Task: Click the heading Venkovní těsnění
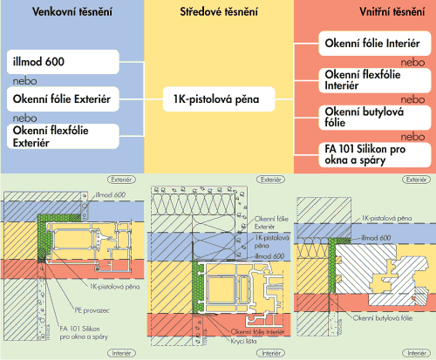point(72,12)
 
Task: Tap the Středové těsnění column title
point(219,12)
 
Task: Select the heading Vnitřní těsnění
point(392,12)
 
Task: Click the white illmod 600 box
point(63,62)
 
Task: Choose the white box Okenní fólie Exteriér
point(63,99)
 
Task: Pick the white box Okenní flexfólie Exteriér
point(63,136)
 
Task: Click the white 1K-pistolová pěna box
point(219,99)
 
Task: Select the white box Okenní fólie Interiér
point(375,44)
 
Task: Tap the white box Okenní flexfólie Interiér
point(375,80)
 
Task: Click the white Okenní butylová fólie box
point(375,118)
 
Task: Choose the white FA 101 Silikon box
point(375,154)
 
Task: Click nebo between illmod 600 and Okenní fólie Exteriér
point(24,81)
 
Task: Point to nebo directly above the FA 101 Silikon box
point(412,137)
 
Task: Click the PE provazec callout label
point(92,310)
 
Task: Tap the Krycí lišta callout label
point(243,341)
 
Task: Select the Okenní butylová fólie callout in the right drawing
point(383,318)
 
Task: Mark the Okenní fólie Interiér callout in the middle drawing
point(257,332)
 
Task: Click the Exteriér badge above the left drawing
point(122,180)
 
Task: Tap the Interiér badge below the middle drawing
point(271,353)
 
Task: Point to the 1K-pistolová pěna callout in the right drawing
point(386,218)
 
